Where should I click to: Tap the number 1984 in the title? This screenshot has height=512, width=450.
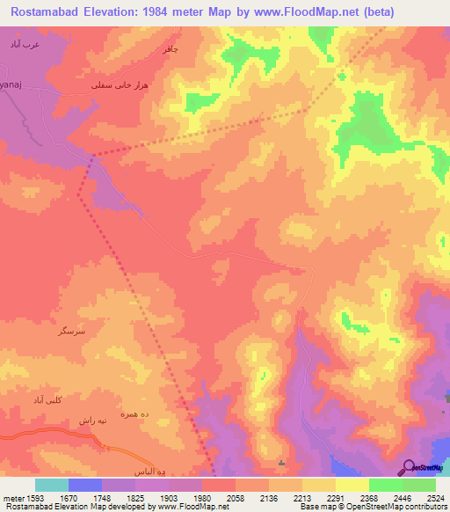click(x=175, y=12)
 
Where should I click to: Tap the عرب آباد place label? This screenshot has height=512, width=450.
click(x=19, y=44)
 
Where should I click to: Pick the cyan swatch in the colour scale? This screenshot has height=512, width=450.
click(x=52, y=484)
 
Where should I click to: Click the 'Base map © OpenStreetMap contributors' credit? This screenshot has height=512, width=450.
click(x=370, y=507)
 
